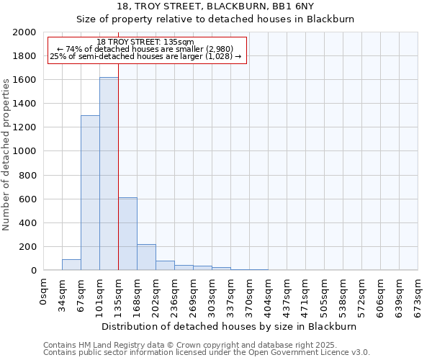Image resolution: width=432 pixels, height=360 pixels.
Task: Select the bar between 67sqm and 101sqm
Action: click(x=90, y=193)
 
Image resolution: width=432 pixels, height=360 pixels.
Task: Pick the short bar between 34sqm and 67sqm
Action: click(x=71, y=264)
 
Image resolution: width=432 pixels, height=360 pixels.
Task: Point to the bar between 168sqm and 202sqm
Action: click(x=146, y=257)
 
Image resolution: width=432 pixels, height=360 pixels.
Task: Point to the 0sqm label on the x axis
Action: click(x=44, y=291)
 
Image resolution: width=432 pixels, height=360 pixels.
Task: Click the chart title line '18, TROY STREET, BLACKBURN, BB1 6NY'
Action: click(x=215, y=6)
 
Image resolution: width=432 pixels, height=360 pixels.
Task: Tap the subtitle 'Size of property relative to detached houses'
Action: click(x=215, y=19)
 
